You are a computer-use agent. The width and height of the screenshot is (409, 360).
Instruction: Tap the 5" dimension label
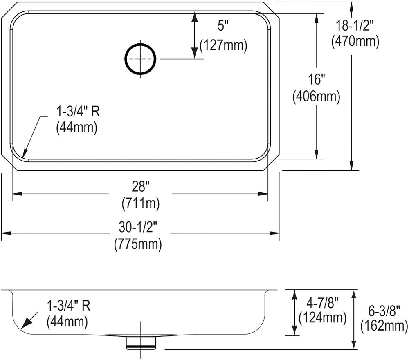223,26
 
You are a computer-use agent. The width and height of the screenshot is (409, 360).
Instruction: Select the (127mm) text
223,45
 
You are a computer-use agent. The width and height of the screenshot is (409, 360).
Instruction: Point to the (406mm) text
317,97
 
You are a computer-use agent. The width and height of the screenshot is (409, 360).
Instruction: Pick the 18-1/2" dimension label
355,26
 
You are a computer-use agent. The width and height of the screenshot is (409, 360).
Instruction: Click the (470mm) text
355,41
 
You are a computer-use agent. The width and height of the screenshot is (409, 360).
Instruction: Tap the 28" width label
140,187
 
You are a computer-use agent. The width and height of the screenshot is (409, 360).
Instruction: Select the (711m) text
140,203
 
